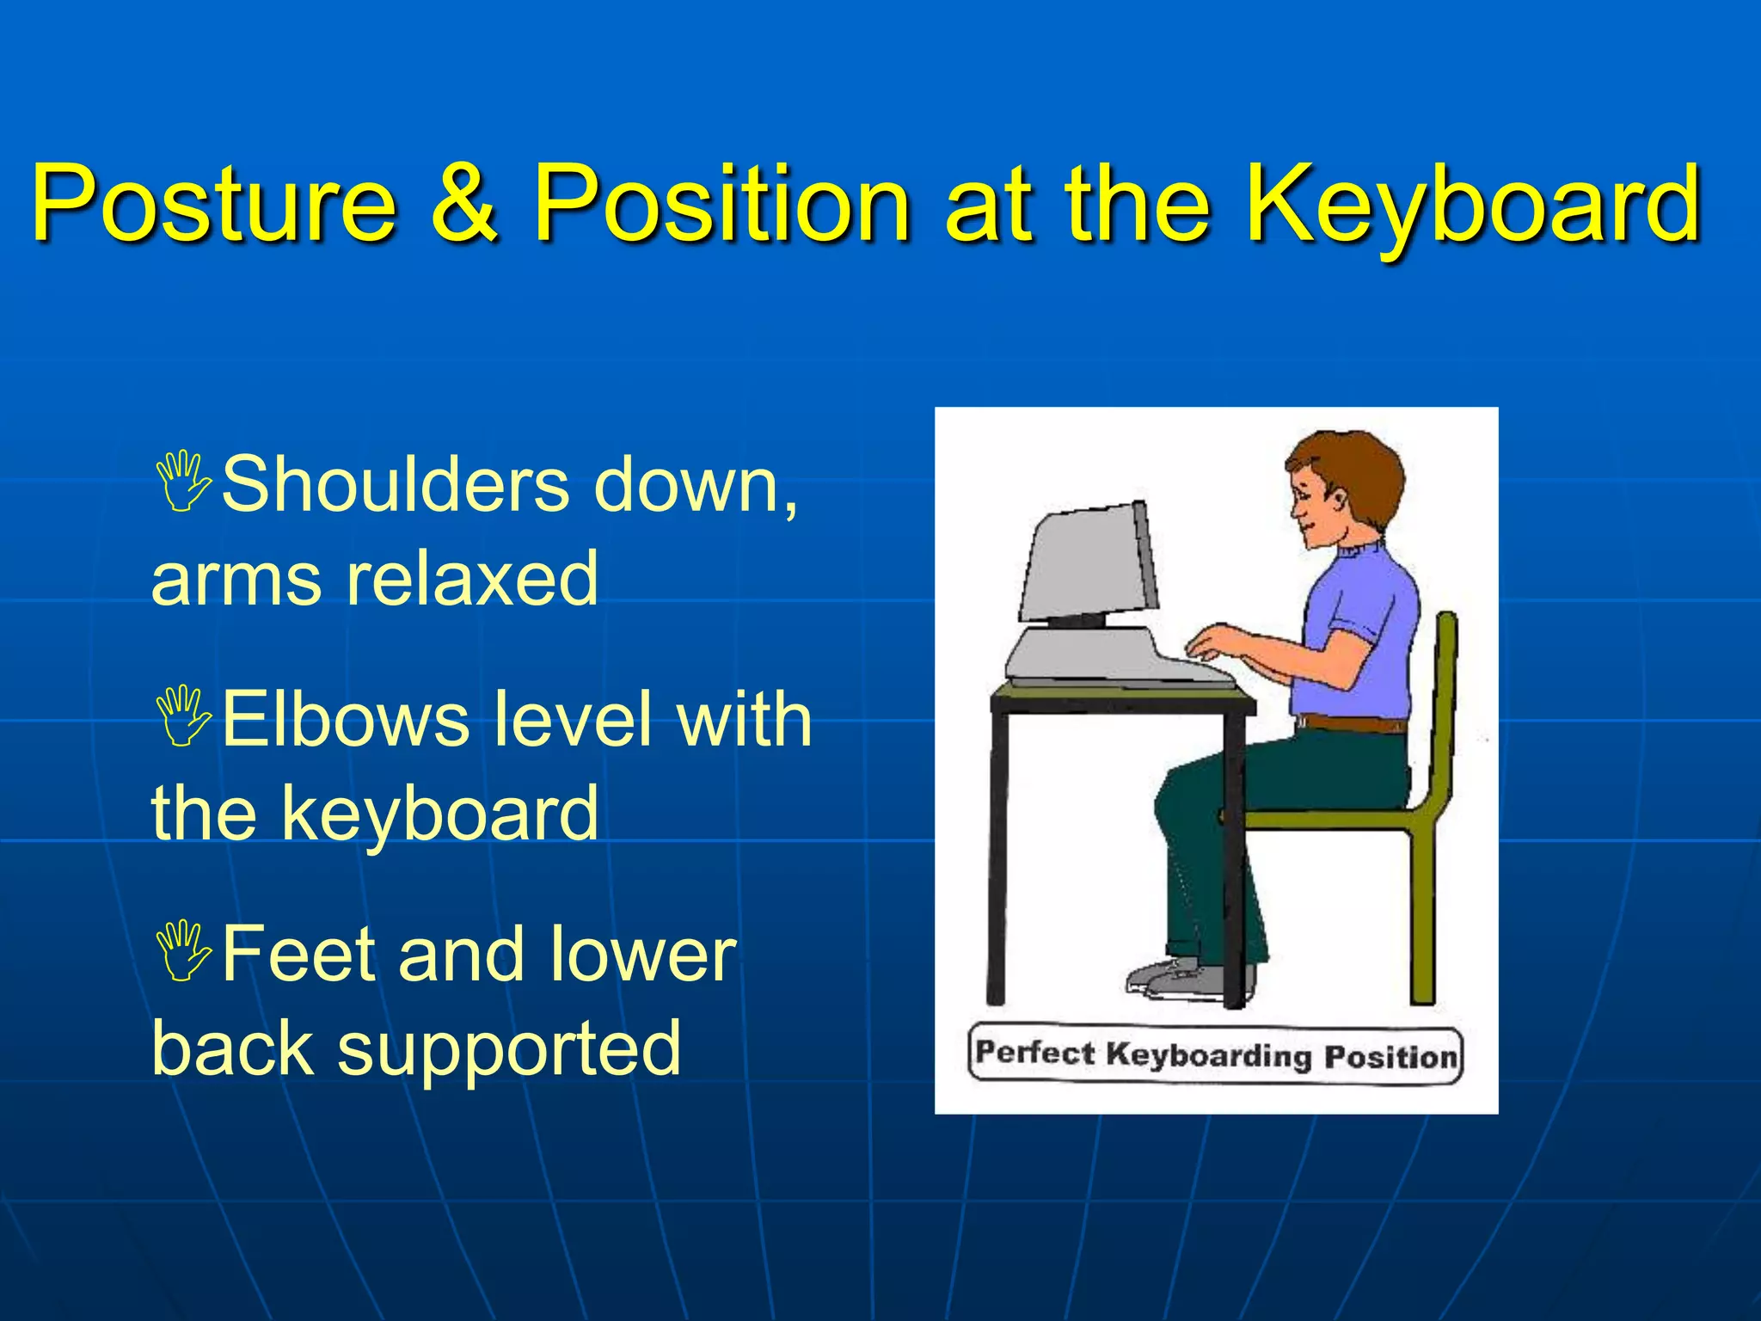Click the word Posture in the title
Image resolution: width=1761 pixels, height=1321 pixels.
[x=214, y=205]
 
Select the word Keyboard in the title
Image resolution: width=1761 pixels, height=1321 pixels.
[x=1473, y=205]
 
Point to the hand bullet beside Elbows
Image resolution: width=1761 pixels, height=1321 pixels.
[x=183, y=716]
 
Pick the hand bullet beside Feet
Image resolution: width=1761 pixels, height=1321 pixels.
[x=183, y=951]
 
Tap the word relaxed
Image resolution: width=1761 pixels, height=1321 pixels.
[x=471, y=578]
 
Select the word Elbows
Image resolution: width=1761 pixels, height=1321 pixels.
[x=346, y=719]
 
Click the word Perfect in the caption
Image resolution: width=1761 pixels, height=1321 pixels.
[x=1035, y=1053]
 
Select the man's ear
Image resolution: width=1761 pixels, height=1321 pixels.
[x=1337, y=499]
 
